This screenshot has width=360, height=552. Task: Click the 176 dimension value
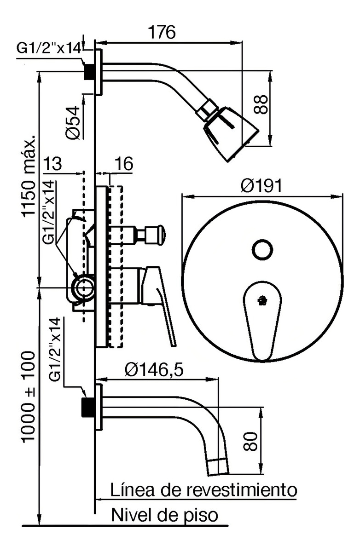(162, 32)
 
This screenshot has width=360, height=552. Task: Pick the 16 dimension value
(123, 163)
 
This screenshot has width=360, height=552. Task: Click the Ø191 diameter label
(262, 185)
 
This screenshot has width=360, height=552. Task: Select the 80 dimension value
(251, 440)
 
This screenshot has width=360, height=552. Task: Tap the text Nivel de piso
(164, 514)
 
